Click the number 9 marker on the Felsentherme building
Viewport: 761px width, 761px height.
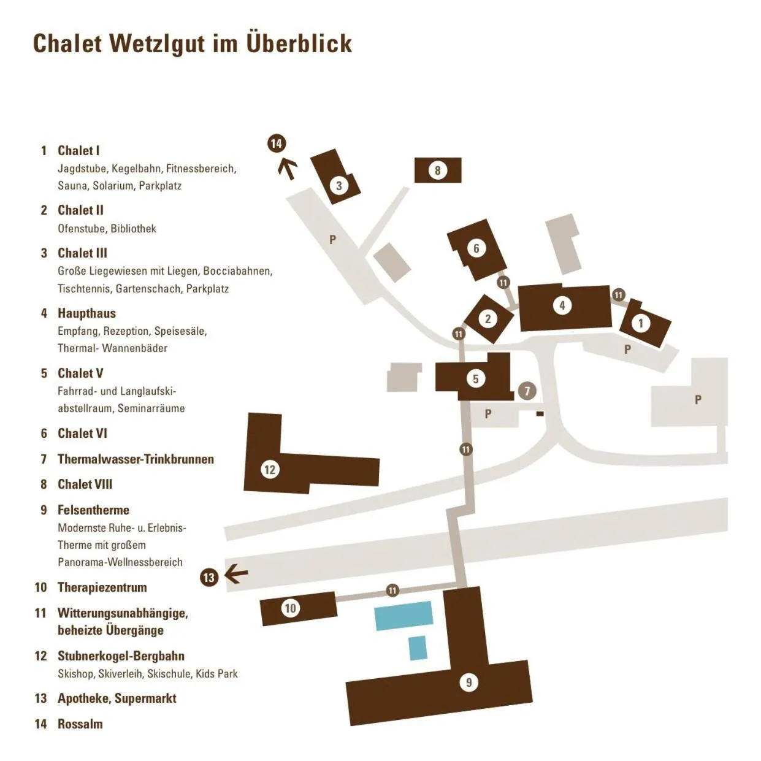tap(469, 682)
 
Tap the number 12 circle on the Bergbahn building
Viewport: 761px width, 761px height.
tap(270, 470)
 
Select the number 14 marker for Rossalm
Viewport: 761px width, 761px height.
tap(277, 143)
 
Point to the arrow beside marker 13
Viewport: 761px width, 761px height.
tap(236, 575)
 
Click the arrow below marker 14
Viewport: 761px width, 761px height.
tap(287, 168)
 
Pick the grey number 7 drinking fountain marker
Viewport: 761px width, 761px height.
tap(527, 391)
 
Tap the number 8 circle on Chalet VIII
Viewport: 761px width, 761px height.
tap(437, 170)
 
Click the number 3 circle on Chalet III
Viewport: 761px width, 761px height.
tap(339, 185)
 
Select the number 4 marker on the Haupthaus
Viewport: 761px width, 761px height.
tap(562, 305)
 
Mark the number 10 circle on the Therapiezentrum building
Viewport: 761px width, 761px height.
tap(290, 608)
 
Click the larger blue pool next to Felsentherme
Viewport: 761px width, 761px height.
tap(403, 616)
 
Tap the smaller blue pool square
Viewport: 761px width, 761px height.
tap(418, 648)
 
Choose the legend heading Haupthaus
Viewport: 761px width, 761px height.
tap(86, 313)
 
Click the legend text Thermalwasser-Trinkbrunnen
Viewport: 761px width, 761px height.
tap(136, 459)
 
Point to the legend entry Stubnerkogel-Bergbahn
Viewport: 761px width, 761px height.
tap(121, 656)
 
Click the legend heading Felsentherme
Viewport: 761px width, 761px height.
tap(93, 510)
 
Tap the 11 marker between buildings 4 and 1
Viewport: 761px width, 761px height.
tap(618, 295)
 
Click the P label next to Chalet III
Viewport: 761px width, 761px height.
tap(332, 239)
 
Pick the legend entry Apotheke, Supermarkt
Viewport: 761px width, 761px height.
tap(117, 698)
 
